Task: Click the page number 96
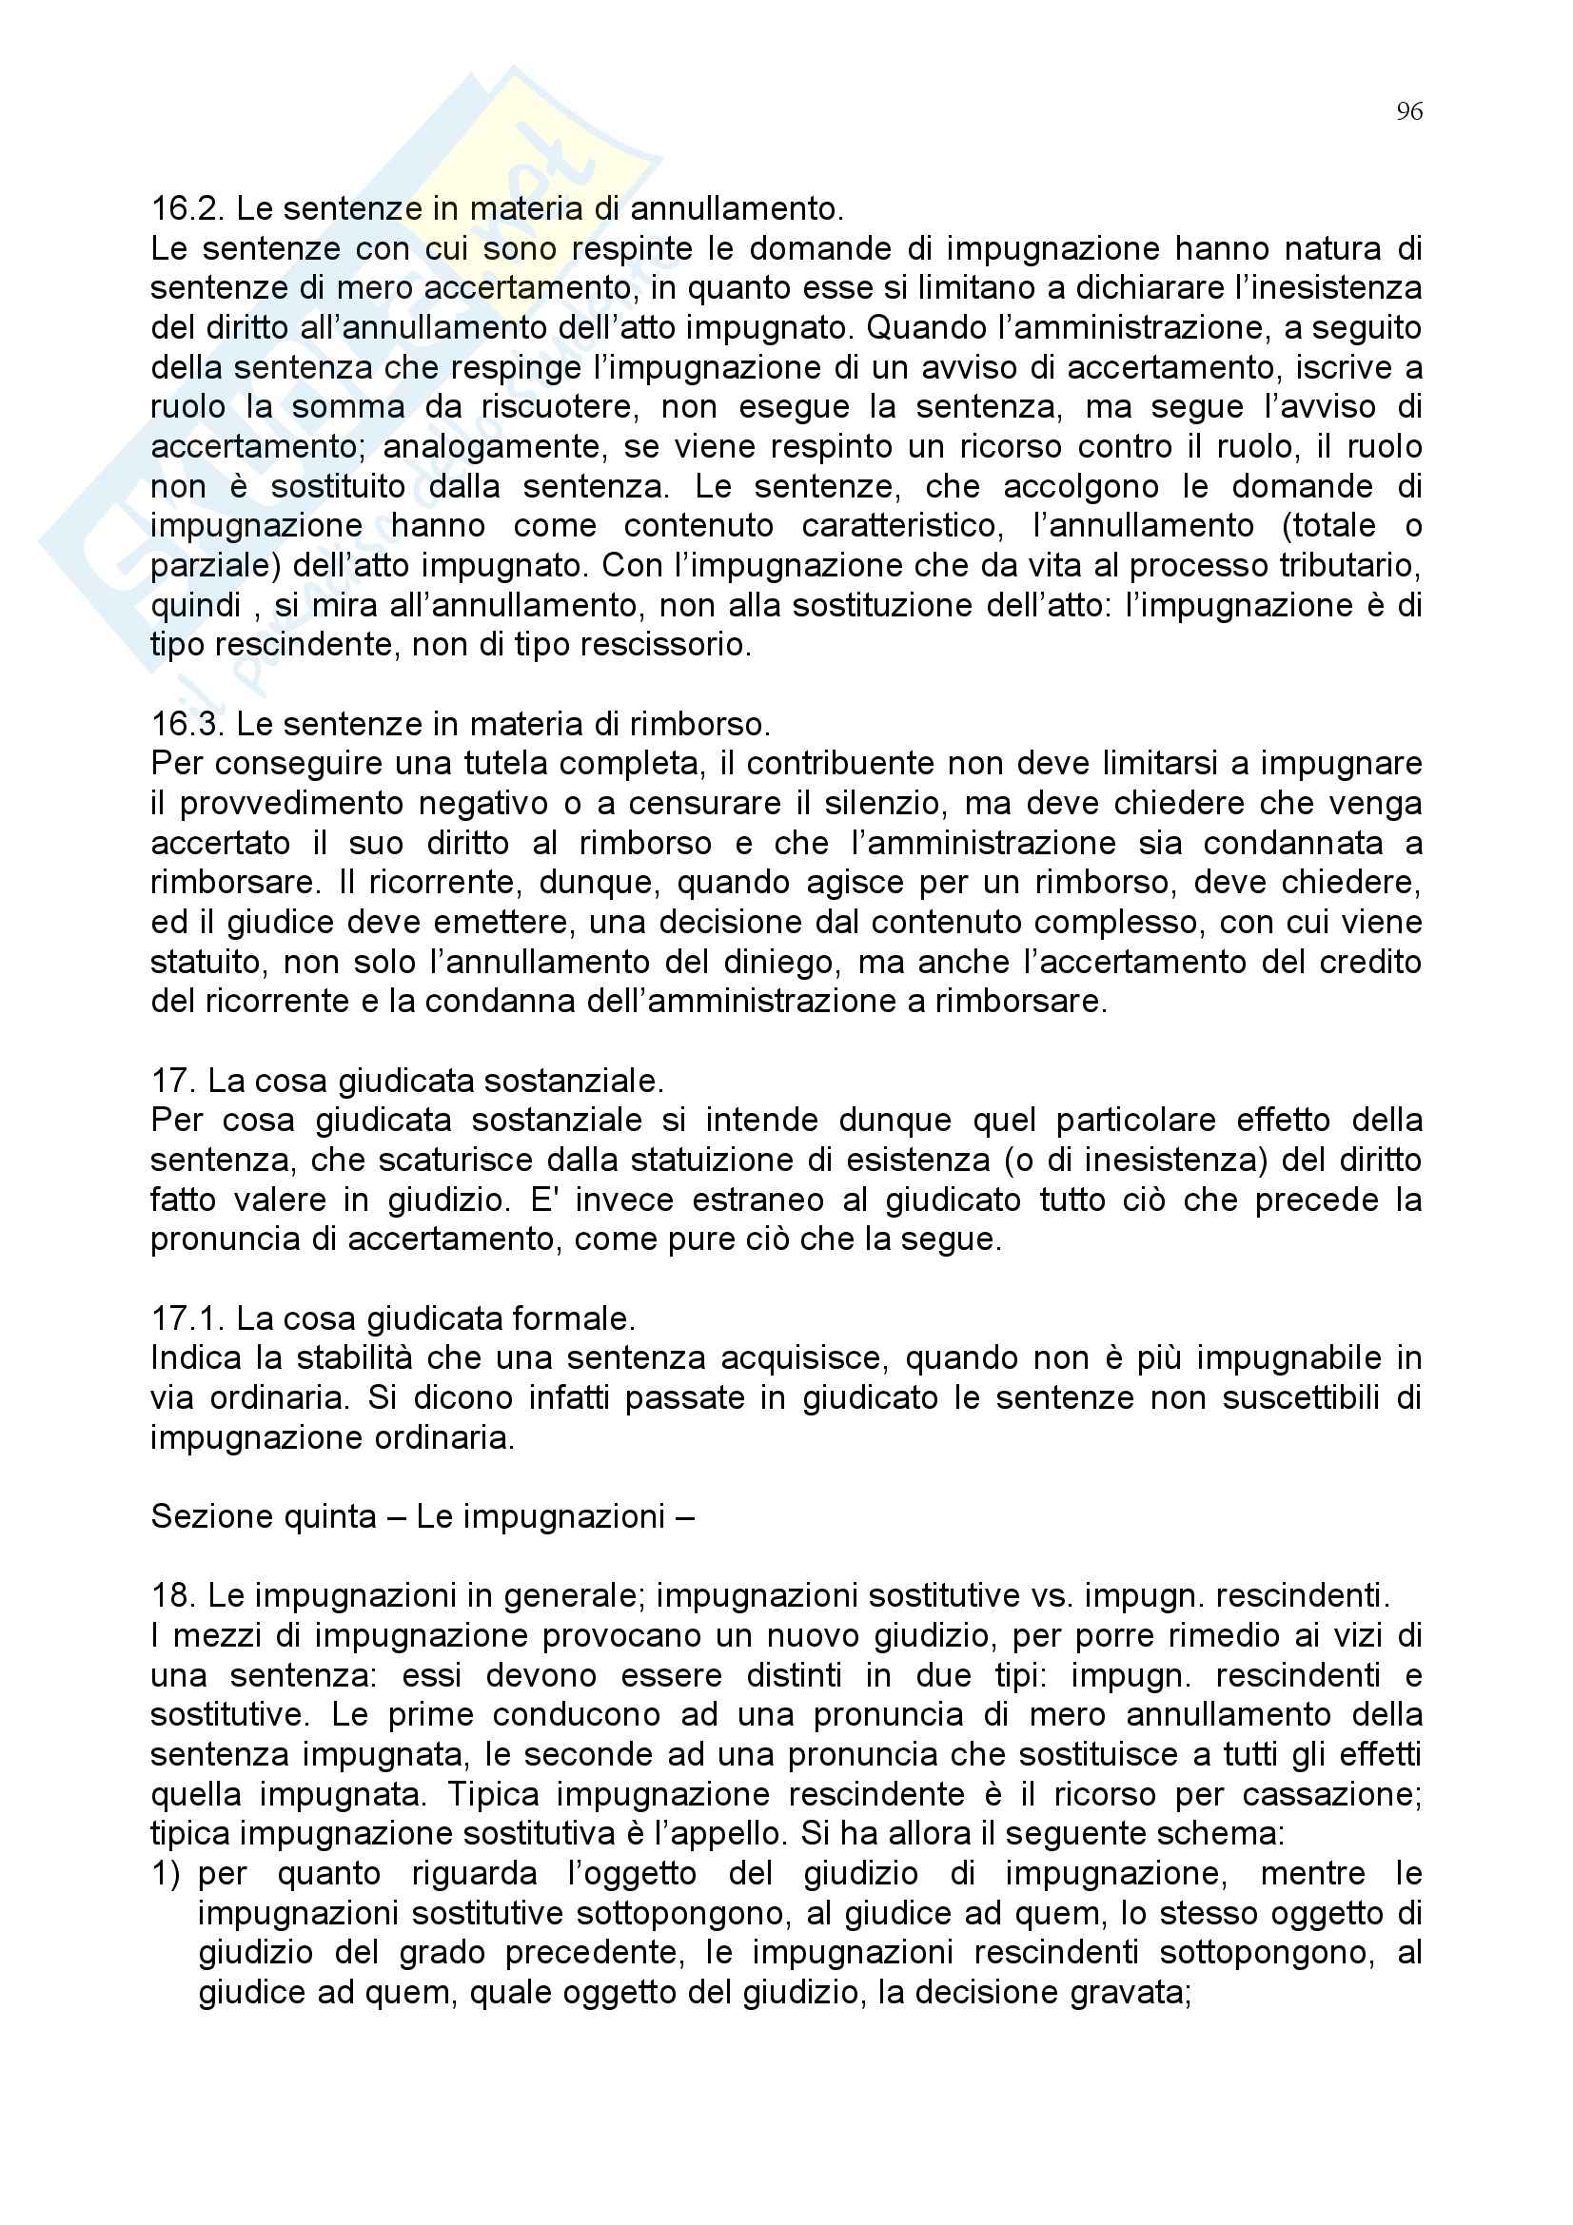coord(1409,112)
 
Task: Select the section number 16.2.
coord(187,208)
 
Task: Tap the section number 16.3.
coord(187,724)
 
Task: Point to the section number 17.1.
coord(187,1317)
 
